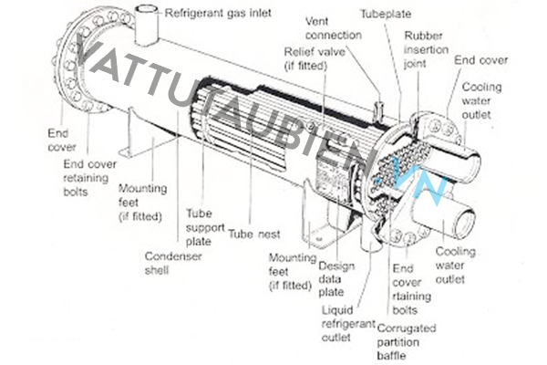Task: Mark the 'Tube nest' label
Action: click(254, 233)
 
